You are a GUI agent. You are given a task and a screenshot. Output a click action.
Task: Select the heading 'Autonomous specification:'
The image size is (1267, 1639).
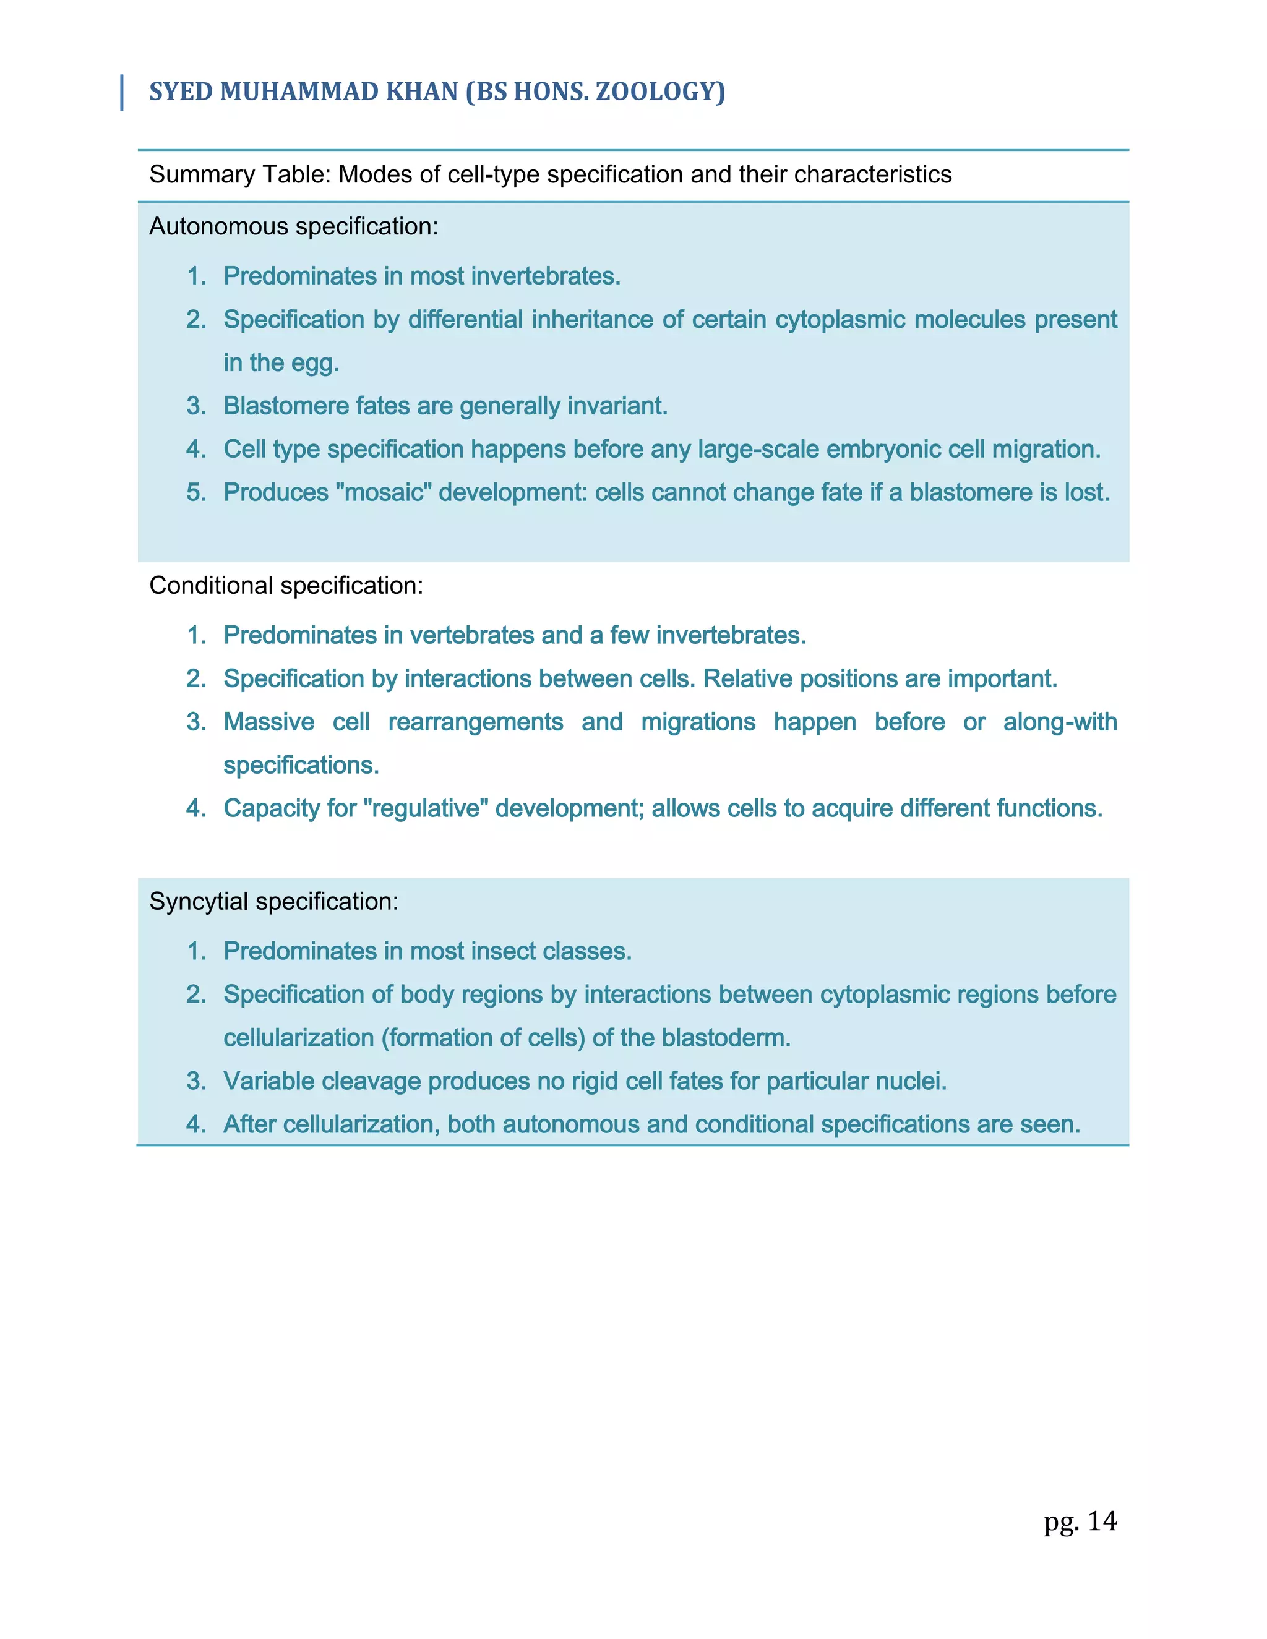point(293,226)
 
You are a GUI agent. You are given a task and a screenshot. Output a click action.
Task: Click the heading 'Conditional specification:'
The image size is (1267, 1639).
point(286,585)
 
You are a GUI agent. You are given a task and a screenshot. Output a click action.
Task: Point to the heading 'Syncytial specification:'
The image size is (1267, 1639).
point(273,901)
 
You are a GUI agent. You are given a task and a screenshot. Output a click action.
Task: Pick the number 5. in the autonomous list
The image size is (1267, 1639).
point(196,492)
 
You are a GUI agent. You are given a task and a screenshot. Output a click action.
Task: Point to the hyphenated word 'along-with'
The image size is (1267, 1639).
point(1060,722)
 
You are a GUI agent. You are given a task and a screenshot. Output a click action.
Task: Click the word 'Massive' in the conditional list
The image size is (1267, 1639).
point(268,722)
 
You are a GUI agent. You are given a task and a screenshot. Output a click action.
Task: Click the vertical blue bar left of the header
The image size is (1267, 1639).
point(122,93)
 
